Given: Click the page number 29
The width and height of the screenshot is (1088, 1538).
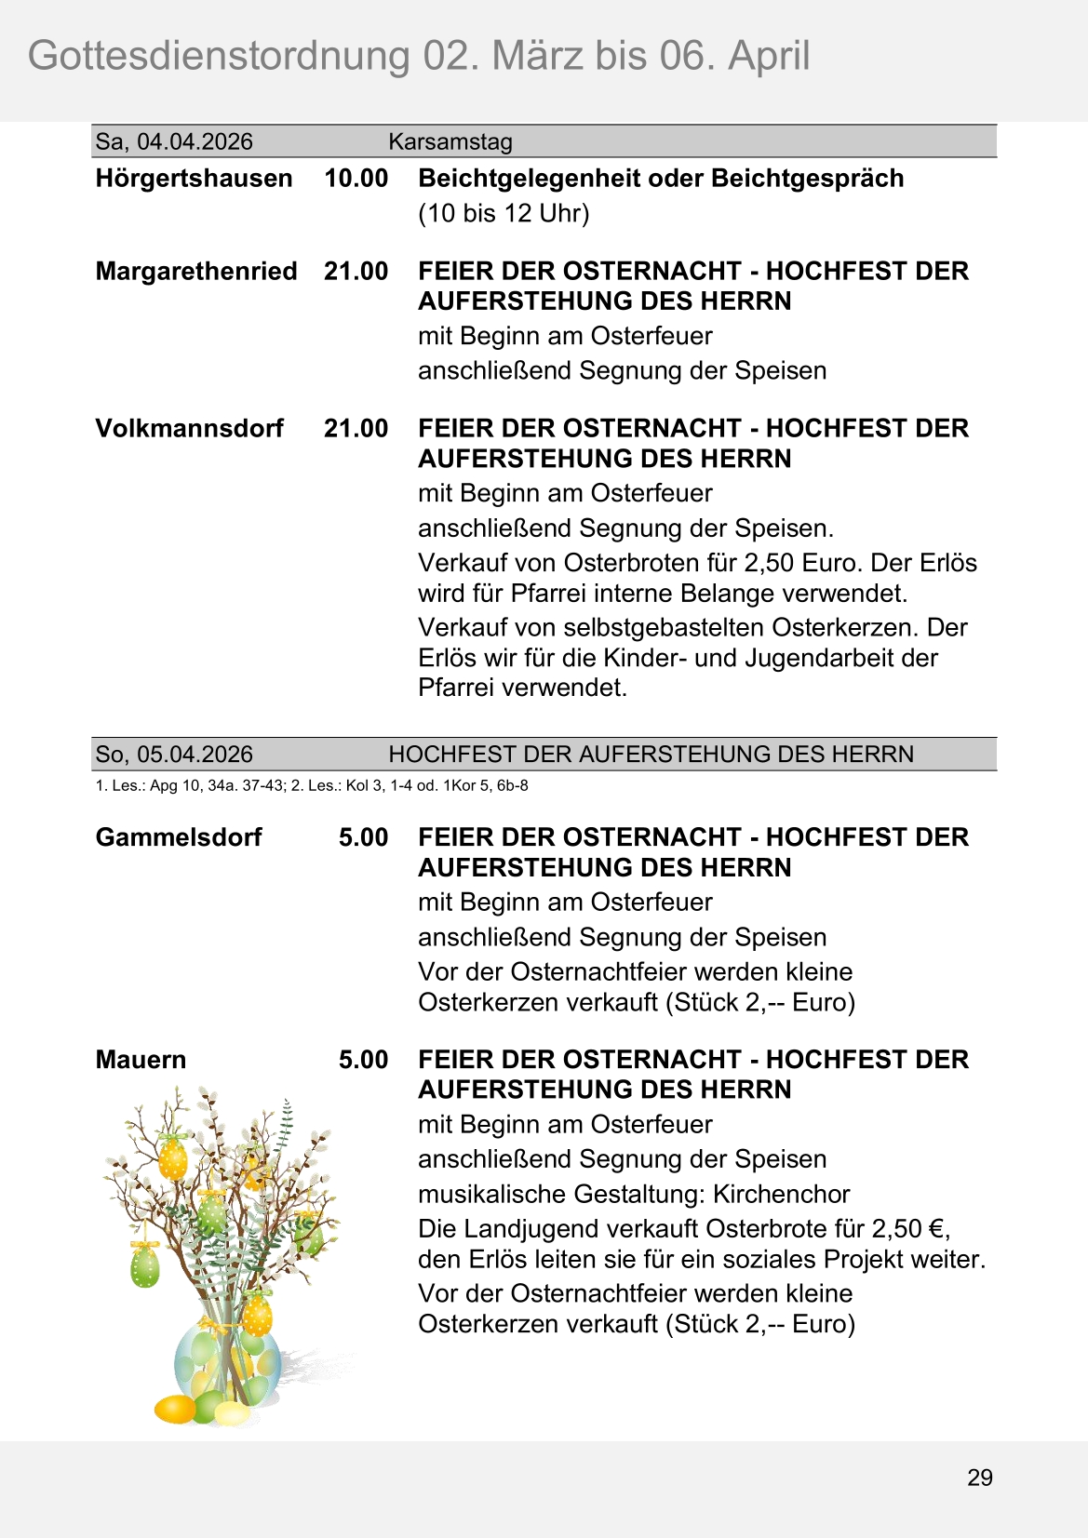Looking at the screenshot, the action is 979,1478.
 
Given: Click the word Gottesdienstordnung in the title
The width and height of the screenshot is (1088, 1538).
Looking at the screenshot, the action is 219,56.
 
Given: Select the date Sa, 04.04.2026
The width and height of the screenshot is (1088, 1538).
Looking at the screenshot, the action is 174,141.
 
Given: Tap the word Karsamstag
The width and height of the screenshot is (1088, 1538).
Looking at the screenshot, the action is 450,141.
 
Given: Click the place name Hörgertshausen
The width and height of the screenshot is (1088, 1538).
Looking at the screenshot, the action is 194,178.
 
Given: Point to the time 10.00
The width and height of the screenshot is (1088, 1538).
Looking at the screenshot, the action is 356,178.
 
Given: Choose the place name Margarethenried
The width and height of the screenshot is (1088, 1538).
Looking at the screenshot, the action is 196,271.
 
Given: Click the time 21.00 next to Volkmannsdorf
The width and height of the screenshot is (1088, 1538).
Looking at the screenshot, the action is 356,428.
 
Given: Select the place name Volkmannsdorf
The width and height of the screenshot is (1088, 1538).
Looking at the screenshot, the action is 189,428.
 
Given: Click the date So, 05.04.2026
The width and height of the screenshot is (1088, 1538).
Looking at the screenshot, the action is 174,754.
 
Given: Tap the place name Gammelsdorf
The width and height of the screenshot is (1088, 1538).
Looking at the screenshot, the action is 179,836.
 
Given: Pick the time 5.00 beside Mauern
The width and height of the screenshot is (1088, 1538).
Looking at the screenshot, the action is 363,1059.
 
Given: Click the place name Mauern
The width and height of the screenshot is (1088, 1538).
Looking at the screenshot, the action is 141,1059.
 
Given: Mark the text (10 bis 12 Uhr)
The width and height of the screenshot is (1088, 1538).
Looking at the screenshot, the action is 504,213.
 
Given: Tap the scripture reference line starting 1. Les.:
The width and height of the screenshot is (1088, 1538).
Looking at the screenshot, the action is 312,785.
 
